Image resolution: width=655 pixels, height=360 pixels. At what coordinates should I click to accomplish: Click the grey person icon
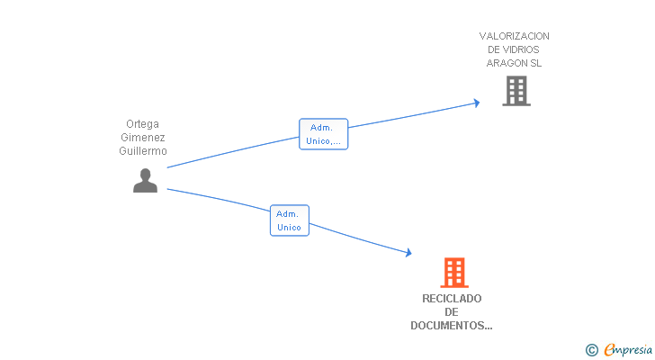[145, 181]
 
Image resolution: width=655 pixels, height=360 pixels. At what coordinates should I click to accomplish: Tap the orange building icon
[454, 272]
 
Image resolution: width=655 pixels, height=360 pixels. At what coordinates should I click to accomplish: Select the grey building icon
[516, 91]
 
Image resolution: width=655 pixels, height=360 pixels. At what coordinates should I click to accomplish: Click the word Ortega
[144, 124]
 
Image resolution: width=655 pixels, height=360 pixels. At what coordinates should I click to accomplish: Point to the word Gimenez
[144, 138]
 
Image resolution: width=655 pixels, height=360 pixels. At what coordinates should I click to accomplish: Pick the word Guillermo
[144, 151]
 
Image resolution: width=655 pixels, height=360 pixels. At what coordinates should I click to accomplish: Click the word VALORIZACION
[515, 36]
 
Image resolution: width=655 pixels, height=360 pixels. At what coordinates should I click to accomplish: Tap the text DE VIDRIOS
[515, 49]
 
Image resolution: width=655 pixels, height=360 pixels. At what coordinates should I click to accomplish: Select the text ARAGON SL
[515, 63]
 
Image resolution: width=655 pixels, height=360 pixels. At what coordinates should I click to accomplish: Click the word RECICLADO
[452, 299]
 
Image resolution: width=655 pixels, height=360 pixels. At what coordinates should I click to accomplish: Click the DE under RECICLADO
[452, 312]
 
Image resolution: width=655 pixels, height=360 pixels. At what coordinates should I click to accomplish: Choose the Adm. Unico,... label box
[323, 134]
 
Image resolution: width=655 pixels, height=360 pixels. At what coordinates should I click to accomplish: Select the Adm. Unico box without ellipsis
[289, 220]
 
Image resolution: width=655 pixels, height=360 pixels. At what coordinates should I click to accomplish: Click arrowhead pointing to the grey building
[476, 103]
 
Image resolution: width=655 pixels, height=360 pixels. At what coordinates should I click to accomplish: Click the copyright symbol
[591, 350]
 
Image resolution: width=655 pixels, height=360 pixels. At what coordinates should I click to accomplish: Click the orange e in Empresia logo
[609, 350]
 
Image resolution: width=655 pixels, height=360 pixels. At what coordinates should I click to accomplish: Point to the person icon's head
[145, 174]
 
